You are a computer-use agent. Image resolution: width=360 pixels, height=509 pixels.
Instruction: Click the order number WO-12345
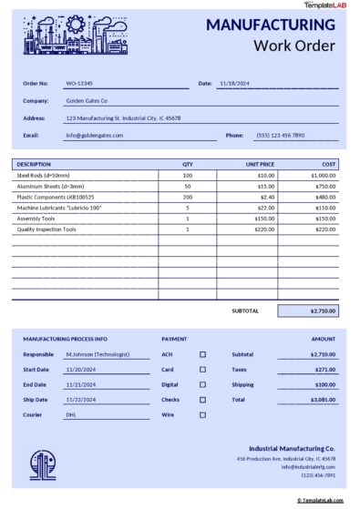[78, 83]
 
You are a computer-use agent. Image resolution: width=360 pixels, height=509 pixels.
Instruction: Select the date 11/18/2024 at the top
[235, 83]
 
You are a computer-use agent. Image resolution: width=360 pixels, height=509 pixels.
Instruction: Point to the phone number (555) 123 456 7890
[280, 135]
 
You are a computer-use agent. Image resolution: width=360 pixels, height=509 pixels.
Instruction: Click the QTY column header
[188, 164]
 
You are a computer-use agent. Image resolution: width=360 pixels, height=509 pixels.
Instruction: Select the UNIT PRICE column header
[260, 164]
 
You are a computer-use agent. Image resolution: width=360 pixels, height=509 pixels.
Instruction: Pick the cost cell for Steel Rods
[323, 175]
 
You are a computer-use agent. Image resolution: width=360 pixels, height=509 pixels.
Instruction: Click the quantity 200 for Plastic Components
[188, 197]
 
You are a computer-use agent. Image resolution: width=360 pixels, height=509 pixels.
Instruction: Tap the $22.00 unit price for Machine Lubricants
[266, 208]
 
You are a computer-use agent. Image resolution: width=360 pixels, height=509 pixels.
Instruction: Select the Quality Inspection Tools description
[46, 229]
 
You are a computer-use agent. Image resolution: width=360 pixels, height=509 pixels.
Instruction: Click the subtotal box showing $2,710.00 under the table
[307, 310]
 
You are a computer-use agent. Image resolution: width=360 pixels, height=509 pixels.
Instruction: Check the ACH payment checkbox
[202, 354]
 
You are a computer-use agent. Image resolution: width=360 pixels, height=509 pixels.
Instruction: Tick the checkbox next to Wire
[202, 414]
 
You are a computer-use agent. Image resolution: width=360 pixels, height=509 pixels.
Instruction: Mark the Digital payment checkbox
[202, 384]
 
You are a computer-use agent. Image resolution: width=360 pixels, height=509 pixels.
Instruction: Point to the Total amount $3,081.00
[323, 400]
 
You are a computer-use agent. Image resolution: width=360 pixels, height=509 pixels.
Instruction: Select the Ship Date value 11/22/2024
[81, 400]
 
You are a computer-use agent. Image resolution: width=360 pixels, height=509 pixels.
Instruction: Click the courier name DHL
[71, 414]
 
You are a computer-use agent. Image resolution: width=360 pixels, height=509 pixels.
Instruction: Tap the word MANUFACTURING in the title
[270, 25]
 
